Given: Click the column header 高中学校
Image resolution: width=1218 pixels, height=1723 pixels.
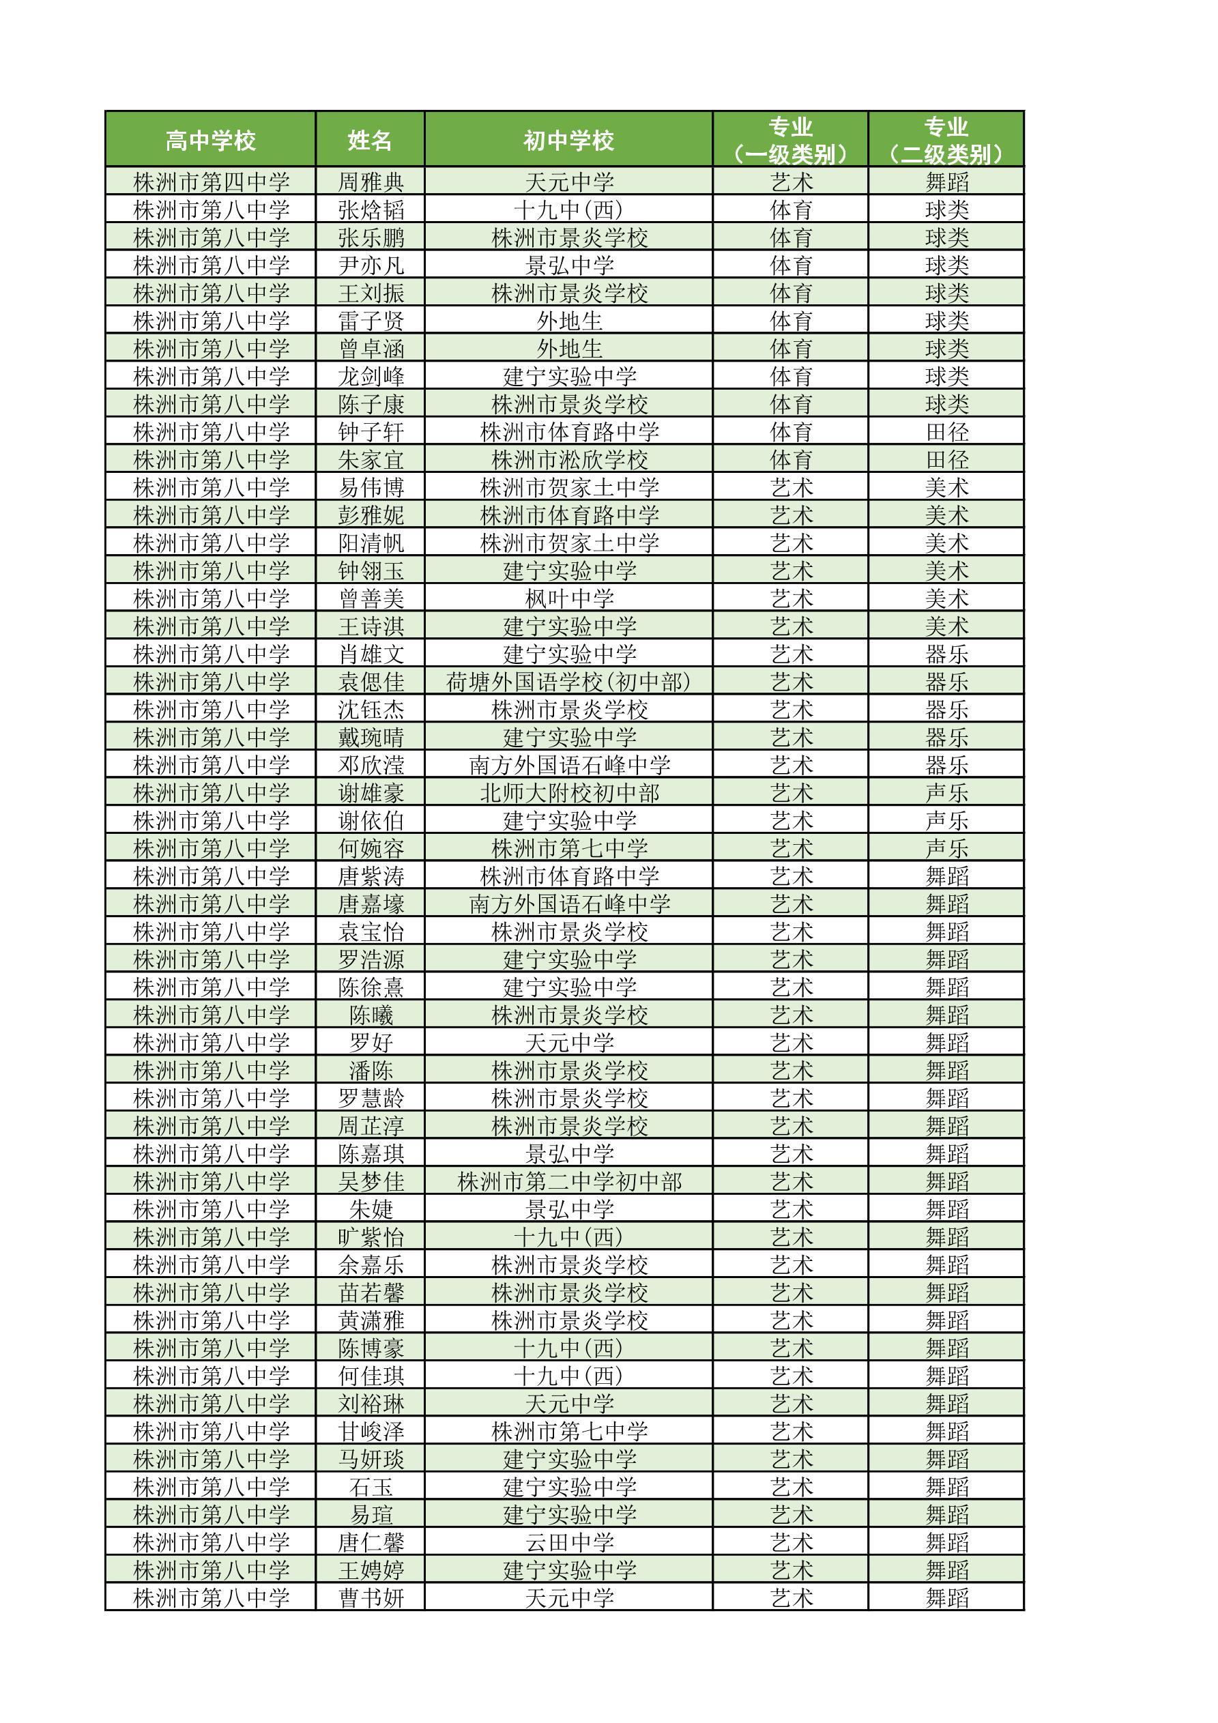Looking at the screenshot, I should tap(210, 141).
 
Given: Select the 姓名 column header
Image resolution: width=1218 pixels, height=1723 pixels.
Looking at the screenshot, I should tap(370, 141).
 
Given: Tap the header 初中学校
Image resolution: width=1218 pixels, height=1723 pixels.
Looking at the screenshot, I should tap(568, 141).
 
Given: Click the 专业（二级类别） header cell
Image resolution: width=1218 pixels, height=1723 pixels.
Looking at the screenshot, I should tap(946, 141).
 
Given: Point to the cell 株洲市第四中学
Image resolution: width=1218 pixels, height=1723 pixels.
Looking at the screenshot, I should tap(211, 182).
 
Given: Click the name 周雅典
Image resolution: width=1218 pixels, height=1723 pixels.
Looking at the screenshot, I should tap(371, 182).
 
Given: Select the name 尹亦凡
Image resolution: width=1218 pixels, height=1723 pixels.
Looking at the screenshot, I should tap(371, 265).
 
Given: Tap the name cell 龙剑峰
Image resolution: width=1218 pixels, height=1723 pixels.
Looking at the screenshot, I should tap(371, 377).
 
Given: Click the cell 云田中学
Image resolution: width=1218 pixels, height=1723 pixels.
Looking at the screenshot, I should tap(569, 1542).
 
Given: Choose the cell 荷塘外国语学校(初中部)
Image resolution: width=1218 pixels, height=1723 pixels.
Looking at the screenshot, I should tap(568, 682).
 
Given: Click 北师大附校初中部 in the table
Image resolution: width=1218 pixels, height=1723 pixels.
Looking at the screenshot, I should tap(569, 793).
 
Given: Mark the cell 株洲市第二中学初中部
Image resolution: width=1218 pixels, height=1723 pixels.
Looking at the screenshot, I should tap(569, 1182).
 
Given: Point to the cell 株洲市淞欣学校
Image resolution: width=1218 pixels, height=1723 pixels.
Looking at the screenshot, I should tap(569, 460).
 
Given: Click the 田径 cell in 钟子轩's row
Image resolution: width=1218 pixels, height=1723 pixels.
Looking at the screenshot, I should tap(946, 432).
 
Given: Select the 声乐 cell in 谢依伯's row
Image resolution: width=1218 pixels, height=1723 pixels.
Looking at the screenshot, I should tap(946, 821).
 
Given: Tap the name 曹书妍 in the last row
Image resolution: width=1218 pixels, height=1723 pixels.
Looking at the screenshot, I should tap(371, 1597).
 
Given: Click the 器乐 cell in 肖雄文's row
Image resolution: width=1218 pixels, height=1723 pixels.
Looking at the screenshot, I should tap(946, 654).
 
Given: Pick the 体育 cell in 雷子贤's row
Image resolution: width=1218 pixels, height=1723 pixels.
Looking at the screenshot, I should tap(791, 321).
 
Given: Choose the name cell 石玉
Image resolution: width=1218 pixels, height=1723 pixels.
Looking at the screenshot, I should tap(371, 1487).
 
